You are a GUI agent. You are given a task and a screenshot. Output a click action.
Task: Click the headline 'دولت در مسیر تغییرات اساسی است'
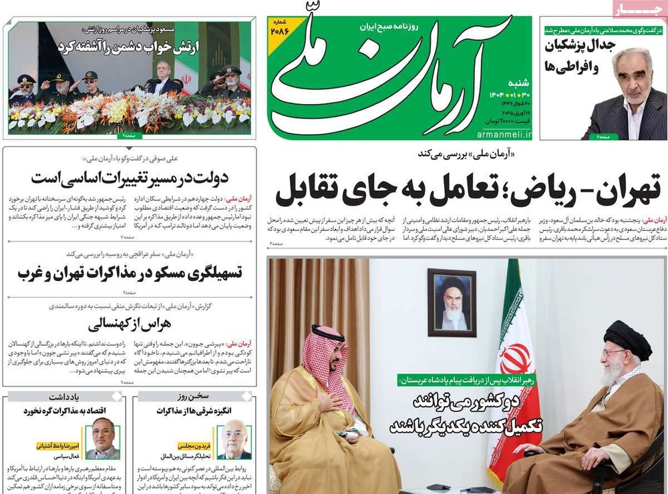[x=130, y=178]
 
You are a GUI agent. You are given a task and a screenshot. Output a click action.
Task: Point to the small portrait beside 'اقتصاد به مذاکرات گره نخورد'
[x=103, y=437]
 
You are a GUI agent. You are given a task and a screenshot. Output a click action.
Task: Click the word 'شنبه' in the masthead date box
[x=517, y=65]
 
